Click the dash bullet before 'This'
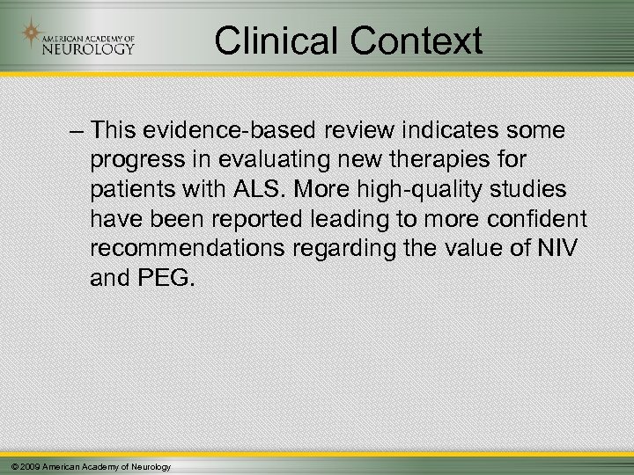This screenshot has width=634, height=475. coord(75,130)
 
